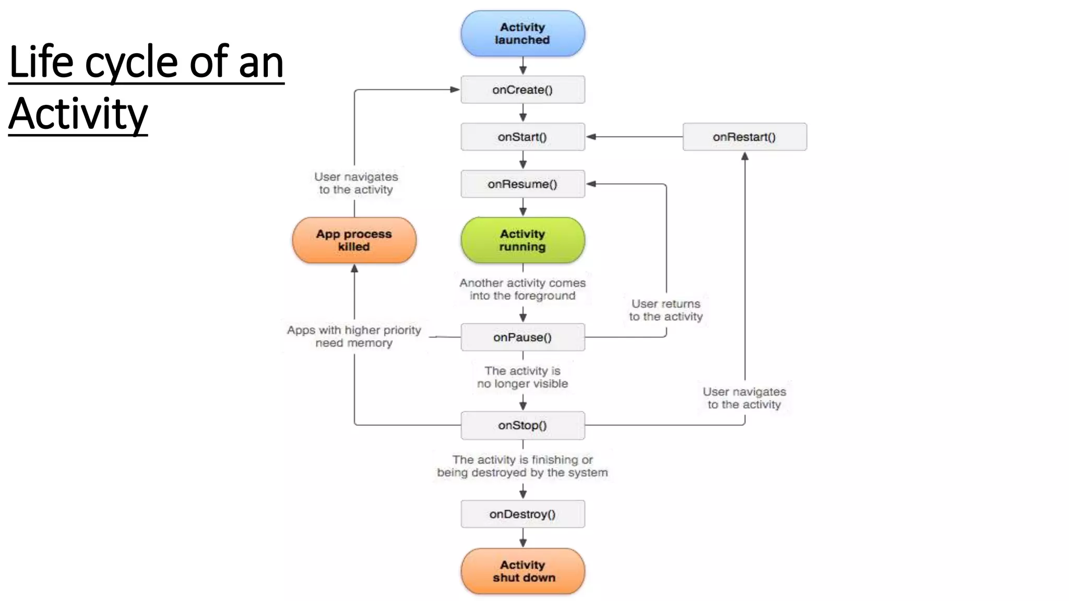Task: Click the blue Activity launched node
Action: [x=522, y=33]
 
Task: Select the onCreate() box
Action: [x=522, y=90]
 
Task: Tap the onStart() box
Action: [x=522, y=137]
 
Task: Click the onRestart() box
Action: [x=744, y=137]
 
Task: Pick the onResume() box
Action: [x=522, y=184]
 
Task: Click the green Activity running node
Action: [x=522, y=240]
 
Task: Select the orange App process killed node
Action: [x=354, y=240]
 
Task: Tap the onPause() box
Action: [x=522, y=337]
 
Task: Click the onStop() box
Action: [x=522, y=425]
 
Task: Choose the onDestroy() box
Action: [x=522, y=514]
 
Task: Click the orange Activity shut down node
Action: [x=522, y=571]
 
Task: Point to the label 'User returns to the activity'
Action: [x=666, y=310]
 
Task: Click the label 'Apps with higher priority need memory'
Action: [x=354, y=336]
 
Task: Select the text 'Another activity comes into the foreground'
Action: [x=522, y=289]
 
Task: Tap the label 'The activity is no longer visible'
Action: [x=522, y=377]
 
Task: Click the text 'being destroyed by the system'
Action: [x=522, y=473]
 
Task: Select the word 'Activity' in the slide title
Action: [x=78, y=114]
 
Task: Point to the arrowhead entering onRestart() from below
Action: [x=745, y=156]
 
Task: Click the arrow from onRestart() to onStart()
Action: [x=634, y=137]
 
